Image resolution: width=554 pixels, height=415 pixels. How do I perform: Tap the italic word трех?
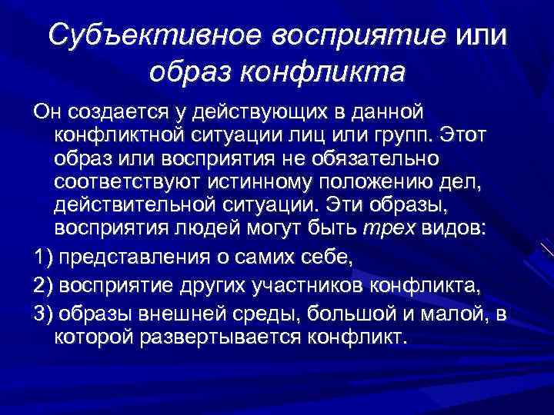[x=389, y=229]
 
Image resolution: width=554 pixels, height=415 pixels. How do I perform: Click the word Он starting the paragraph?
[x=48, y=111]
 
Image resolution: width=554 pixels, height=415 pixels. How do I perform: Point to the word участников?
[x=307, y=286]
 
